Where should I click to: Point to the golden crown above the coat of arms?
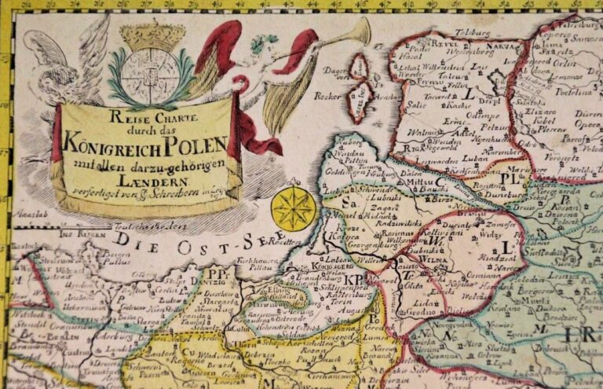coord(152,35)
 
